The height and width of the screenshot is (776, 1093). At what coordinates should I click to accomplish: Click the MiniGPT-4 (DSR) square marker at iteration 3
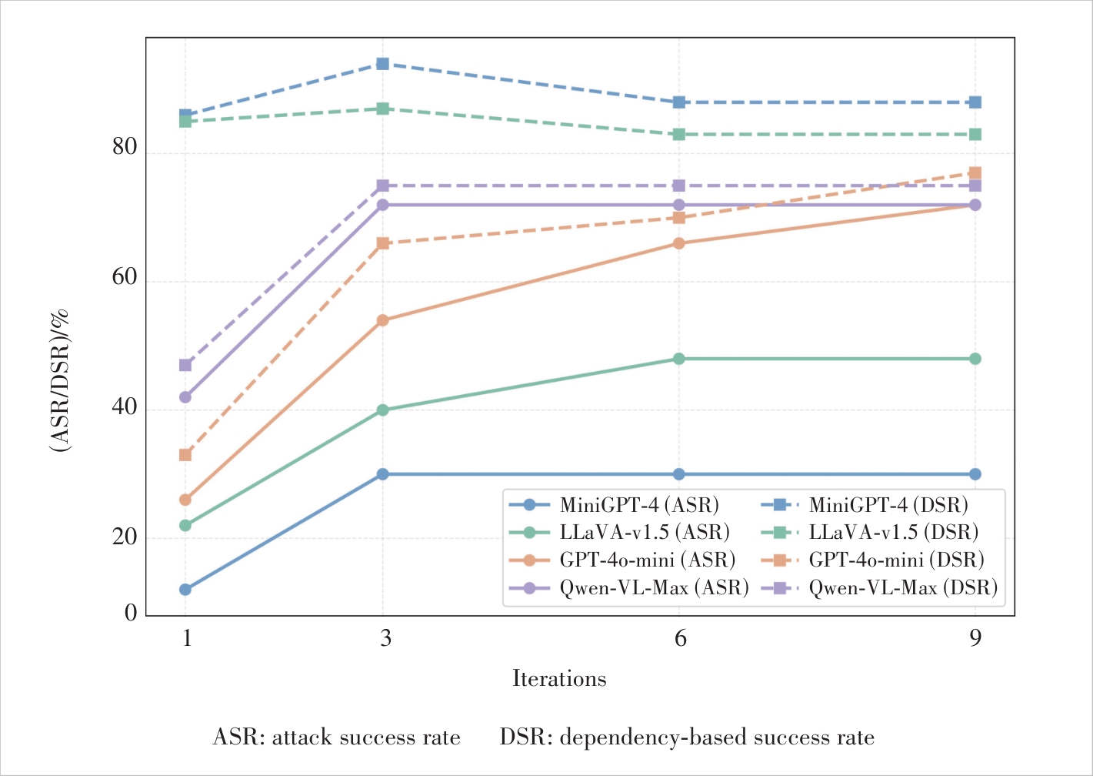(x=382, y=64)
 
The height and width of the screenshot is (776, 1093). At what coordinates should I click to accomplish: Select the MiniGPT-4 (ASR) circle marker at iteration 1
(x=185, y=590)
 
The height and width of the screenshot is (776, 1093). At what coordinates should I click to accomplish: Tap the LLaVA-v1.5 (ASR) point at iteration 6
(x=678, y=359)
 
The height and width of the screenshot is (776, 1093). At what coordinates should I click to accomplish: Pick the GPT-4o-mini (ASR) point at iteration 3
(x=382, y=320)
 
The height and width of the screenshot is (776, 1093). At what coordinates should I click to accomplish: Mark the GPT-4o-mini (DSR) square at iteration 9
(x=975, y=173)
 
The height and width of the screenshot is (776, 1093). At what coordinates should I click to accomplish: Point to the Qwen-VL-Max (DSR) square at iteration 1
(x=185, y=365)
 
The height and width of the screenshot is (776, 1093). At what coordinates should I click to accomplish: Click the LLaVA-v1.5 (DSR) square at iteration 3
(x=382, y=109)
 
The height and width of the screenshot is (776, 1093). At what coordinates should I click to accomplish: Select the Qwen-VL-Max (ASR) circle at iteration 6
(x=678, y=205)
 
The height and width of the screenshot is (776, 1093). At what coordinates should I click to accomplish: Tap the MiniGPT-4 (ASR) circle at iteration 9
(x=975, y=474)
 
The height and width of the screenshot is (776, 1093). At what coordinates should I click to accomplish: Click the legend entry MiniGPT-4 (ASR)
(x=639, y=506)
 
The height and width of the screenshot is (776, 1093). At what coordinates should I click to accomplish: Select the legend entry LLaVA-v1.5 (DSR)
(x=894, y=533)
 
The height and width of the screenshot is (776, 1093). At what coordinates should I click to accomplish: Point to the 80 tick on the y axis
(x=125, y=147)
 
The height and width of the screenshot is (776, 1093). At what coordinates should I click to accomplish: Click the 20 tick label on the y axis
(x=125, y=537)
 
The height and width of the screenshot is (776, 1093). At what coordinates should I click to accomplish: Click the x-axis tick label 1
(x=186, y=639)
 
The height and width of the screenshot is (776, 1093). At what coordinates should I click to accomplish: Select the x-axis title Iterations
(x=559, y=679)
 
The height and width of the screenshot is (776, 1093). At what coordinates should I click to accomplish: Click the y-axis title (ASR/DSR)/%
(x=61, y=380)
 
